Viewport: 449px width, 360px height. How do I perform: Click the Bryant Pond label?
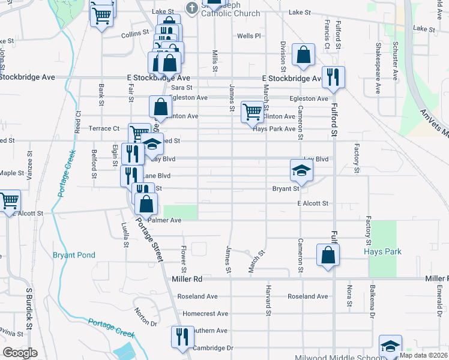[x=74, y=255]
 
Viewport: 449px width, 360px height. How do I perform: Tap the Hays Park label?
[x=382, y=252]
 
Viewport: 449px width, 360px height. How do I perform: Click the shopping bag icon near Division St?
[x=304, y=55]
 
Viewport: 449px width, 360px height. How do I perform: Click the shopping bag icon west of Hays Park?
[x=328, y=254]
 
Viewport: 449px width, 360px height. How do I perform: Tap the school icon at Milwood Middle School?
[x=391, y=346]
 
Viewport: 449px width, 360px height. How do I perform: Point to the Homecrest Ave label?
[x=206, y=314]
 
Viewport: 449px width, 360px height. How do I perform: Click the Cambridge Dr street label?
[x=213, y=348]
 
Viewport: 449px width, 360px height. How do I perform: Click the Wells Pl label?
[x=249, y=36]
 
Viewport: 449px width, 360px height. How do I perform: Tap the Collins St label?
[x=134, y=34]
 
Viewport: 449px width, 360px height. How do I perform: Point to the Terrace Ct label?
[x=104, y=128]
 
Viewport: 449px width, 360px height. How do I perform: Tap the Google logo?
[x=20, y=352]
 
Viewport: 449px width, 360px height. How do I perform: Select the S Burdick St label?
[x=28, y=312]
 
